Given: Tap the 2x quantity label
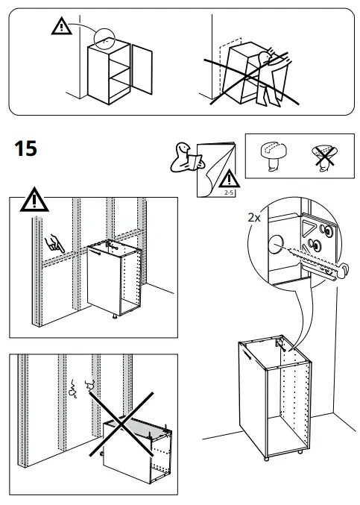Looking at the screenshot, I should [x=254, y=217].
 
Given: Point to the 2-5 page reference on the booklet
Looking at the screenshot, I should [x=227, y=192].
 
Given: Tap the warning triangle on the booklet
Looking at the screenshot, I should [x=230, y=179].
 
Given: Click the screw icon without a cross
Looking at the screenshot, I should [x=271, y=155].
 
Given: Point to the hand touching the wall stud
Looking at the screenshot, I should [x=54, y=242].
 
